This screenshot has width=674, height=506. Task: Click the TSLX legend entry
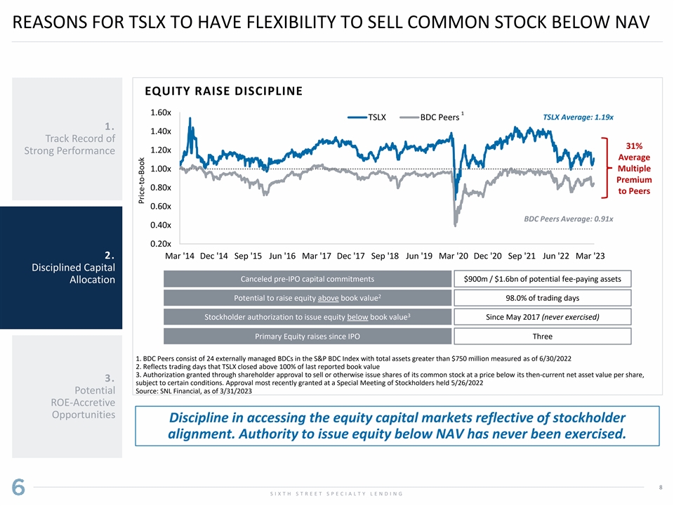(x=377, y=117)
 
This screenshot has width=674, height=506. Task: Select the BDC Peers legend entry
(x=439, y=117)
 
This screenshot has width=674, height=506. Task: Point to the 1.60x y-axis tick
(x=161, y=112)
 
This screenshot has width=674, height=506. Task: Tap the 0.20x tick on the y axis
(x=161, y=243)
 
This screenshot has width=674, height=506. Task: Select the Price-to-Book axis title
(x=142, y=181)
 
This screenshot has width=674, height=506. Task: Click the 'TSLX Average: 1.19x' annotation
(x=578, y=117)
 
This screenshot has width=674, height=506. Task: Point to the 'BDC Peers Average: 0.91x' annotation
(x=569, y=219)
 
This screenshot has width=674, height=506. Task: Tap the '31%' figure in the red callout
(x=634, y=145)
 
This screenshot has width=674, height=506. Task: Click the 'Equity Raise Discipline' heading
(x=223, y=91)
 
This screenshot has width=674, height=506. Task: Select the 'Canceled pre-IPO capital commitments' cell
(x=308, y=279)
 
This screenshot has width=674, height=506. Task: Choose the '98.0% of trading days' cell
(x=542, y=298)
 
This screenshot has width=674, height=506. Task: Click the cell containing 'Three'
(x=542, y=336)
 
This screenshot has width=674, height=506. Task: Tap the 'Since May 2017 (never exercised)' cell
(x=542, y=317)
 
